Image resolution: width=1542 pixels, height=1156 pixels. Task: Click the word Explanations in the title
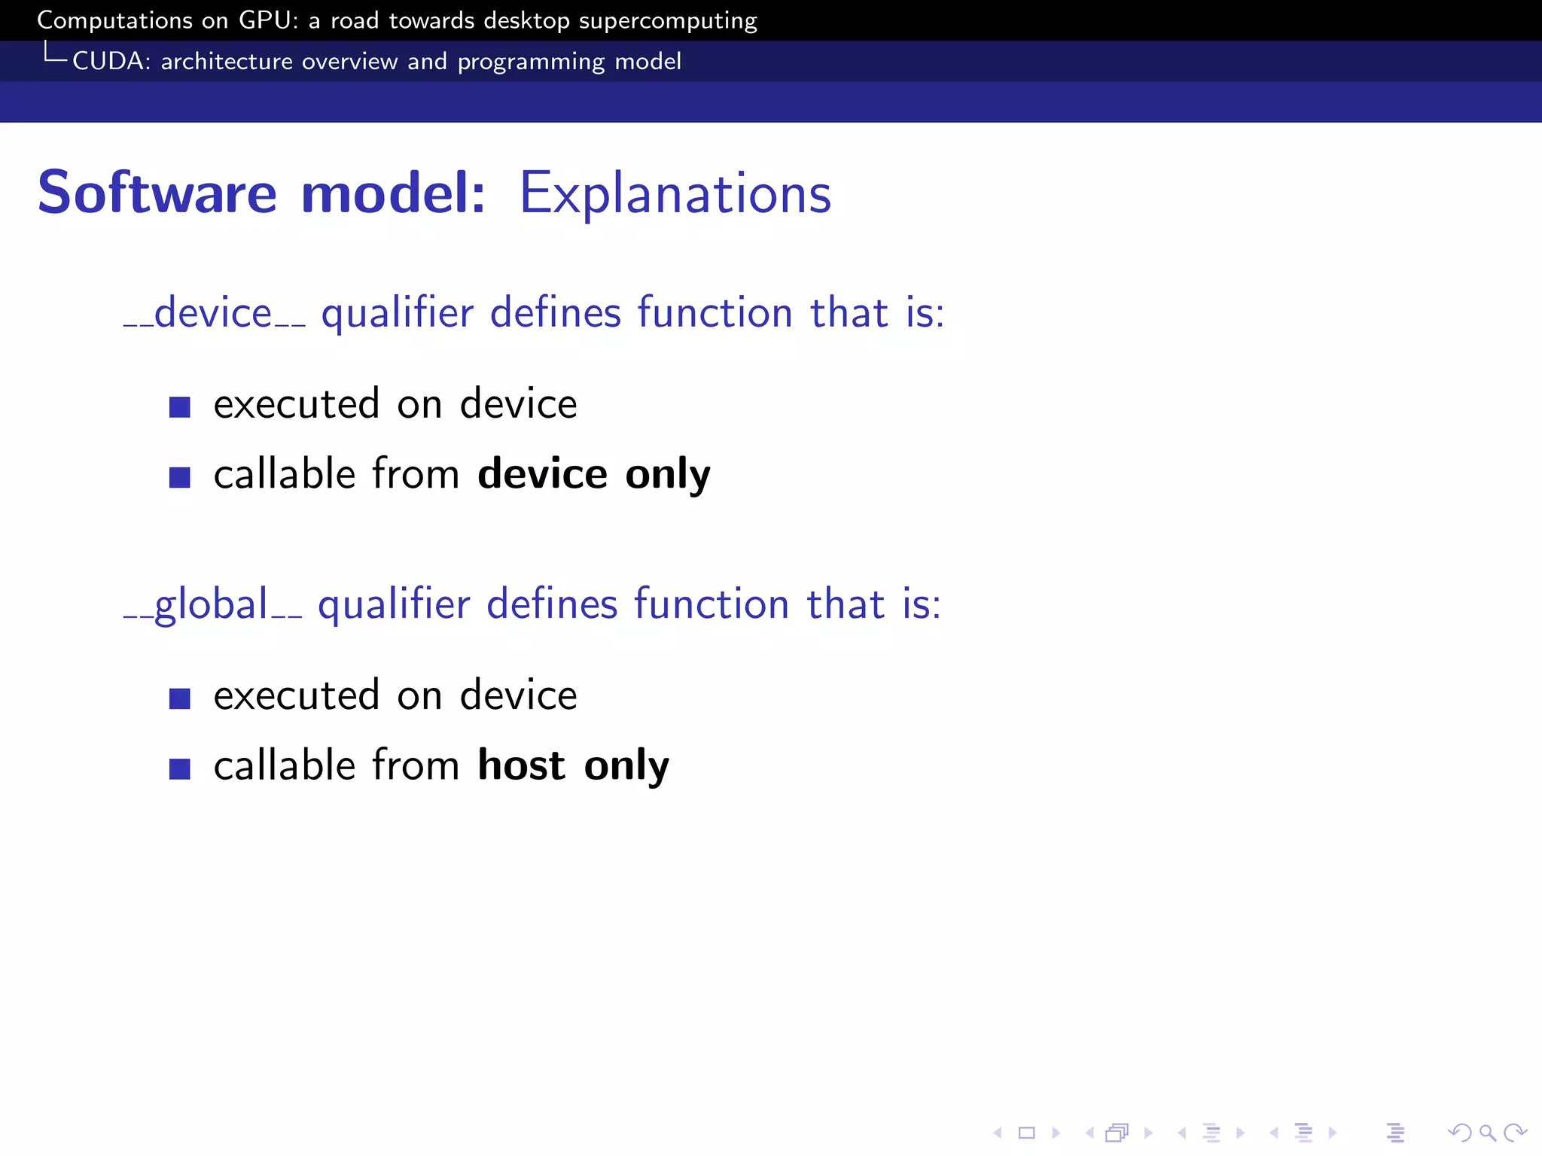[675, 194]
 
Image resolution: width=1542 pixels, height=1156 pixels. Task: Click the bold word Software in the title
[157, 193]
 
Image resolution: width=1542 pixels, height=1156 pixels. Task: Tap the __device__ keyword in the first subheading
[214, 313]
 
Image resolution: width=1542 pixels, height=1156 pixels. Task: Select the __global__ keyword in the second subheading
[212, 604]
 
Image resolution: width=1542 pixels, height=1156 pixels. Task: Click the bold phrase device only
[593, 474]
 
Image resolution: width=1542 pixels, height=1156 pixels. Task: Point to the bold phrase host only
[573, 765]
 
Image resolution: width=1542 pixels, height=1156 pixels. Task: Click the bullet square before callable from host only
[179, 768]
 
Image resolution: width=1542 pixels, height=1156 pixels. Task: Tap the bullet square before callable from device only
[179, 477]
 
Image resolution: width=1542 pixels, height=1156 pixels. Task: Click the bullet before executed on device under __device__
[179, 407]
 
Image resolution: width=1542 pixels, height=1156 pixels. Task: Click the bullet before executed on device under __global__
[179, 698]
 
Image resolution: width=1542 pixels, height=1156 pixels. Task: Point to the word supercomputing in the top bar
[667, 21]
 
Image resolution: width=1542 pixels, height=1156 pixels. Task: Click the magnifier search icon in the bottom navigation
[1487, 1133]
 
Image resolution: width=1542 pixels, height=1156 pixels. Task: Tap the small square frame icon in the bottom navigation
[1026, 1133]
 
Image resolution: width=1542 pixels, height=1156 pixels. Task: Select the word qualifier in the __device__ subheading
[397, 313]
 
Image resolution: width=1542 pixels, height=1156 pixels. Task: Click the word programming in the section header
[531, 62]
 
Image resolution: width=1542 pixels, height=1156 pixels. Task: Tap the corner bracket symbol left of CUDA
[54, 53]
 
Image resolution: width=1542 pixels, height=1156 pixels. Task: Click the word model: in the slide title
[392, 193]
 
